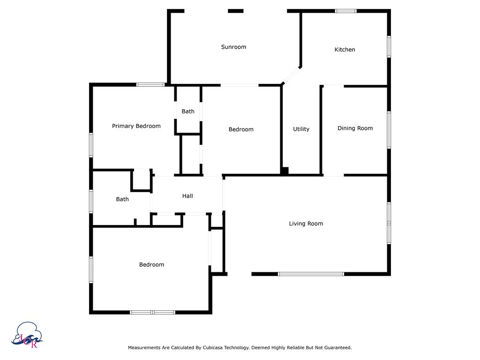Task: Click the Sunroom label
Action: pyautogui.click(x=233, y=47)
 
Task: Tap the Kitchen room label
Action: pyautogui.click(x=345, y=50)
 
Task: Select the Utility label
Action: pyautogui.click(x=301, y=129)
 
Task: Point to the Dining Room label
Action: pyautogui.click(x=355, y=128)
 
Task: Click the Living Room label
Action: pyautogui.click(x=306, y=224)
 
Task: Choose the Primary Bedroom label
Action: pyautogui.click(x=136, y=126)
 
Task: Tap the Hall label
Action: pyautogui.click(x=187, y=196)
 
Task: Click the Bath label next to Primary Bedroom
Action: pyautogui.click(x=188, y=112)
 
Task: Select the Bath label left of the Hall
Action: pyautogui.click(x=122, y=199)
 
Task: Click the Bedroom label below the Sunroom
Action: pyautogui.click(x=241, y=129)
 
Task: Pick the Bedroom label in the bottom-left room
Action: pyautogui.click(x=151, y=265)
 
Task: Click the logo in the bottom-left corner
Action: pyautogui.click(x=29, y=335)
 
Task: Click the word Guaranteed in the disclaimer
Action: pyautogui.click(x=336, y=348)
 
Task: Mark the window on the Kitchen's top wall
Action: pyautogui.click(x=345, y=11)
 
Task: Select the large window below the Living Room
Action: pyautogui.click(x=311, y=274)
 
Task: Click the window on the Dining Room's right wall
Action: pyautogui.click(x=389, y=129)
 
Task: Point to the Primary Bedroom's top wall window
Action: pyautogui.click(x=150, y=85)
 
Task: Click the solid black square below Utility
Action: pyautogui.click(x=285, y=172)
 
